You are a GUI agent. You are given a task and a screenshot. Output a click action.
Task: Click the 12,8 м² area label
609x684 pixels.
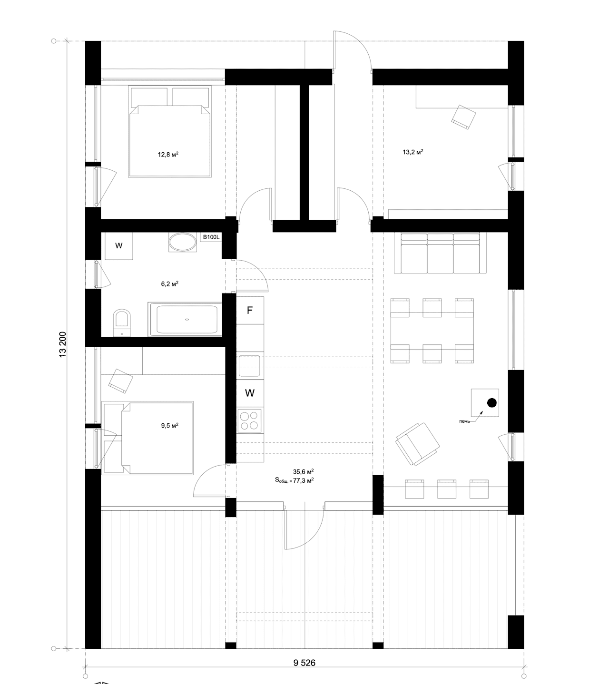point(168,155)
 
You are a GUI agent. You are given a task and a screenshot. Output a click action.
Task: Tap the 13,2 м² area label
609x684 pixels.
point(413,152)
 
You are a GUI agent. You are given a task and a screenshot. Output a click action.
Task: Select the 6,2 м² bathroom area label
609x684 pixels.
point(169,284)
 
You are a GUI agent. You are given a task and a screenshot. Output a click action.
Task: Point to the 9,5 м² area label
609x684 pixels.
point(169,426)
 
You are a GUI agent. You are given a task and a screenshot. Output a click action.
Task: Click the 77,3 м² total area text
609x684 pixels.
point(304,481)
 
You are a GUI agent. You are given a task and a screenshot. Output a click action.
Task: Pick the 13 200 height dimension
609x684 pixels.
point(63,345)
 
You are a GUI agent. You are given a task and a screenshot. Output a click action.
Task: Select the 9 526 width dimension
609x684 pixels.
point(304,663)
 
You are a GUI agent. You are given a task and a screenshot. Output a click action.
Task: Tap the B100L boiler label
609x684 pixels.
point(211,237)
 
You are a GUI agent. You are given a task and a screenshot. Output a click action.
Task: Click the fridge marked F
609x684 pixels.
point(250,310)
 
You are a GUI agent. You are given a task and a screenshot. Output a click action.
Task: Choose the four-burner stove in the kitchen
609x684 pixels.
point(250,420)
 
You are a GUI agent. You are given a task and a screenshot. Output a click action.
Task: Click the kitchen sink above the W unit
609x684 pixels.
point(250,366)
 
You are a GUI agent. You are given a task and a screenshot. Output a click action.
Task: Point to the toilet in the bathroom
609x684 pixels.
point(122,323)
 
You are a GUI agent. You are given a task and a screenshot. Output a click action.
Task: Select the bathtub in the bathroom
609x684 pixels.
point(185,319)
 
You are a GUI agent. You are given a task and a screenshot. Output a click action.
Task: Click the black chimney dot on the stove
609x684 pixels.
point(492,403)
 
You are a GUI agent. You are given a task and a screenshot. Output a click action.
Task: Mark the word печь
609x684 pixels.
point(464,421)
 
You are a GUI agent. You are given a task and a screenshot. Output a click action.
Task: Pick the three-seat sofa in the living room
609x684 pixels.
point(440,253)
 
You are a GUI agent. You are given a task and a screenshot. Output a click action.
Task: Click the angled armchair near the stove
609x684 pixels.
point(418,444)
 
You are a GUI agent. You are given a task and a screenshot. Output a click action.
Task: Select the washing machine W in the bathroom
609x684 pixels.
point(118,246)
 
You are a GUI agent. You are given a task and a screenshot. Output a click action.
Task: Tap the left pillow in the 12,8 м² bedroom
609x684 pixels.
point(149,97)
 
